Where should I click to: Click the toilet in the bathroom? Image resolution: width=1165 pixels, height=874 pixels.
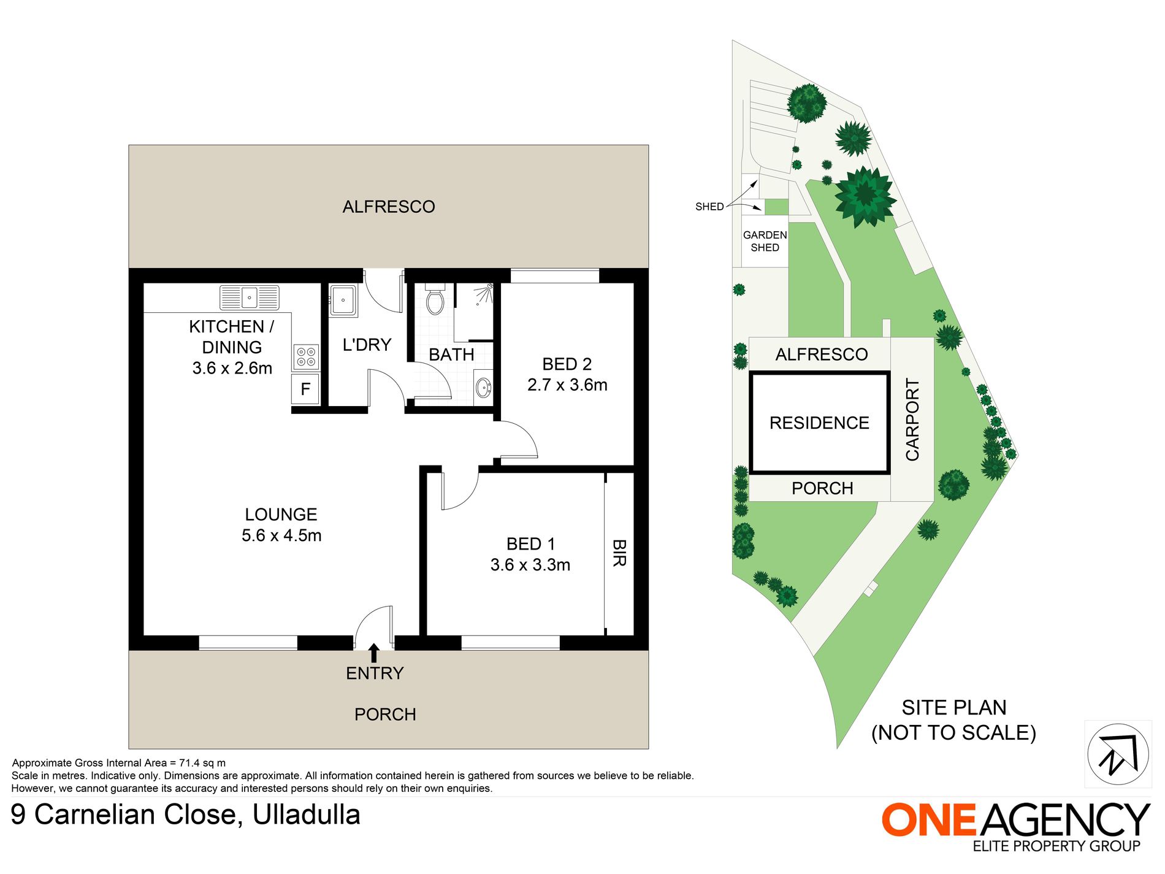pyautogui.click(x=435, y=299)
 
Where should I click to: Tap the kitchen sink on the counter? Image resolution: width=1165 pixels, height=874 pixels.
pyautogui.click(x=250, y=297)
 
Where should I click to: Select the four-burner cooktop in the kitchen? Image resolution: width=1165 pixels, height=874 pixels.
pyautogui.click(x=306, y=357)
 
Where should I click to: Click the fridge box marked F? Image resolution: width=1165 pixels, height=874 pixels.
pyautogui.click(x=305, y=389)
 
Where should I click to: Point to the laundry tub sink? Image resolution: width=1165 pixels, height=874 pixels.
pyautogui.click(x=343, y=301)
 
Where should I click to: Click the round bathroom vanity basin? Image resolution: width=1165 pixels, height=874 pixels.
pyautogui.click(x=483, y=388)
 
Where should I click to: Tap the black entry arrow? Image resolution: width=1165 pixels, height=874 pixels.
pyautogui.click(x=373, y=653)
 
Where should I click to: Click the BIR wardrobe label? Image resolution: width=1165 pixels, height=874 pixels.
pyautogui.click(x=619, y=553)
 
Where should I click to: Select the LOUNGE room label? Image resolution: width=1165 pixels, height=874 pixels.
pyautogui.click(x=281, y=515)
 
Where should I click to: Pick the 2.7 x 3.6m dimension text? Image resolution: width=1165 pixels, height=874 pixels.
pyautogui.click(x=567, y=385)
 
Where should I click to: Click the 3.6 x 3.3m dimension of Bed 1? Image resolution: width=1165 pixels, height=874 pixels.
pyautogui.click(x=530, y=565)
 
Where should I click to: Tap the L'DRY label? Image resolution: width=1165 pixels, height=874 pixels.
pyautogui.click(x=367, y=345)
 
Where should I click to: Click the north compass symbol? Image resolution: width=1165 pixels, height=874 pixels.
pyautogui.click(x=1118, y=754)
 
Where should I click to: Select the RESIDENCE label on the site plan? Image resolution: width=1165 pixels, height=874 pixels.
pyautogui.click(x=819, y=423)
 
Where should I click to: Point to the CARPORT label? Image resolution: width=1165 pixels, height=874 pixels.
pyautogui.click(x=912, y=420)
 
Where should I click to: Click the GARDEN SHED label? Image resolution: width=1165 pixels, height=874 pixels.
pyautogui.click(x=765, y=241)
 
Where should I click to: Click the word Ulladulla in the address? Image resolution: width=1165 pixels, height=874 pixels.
pyautogui.click(x=307, y=815)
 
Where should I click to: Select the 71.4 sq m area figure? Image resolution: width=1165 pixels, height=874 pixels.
pyautogui.click(x=202, y=763)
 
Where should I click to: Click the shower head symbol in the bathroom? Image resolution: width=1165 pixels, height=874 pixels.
pyautogui.click(x=488, y=288)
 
